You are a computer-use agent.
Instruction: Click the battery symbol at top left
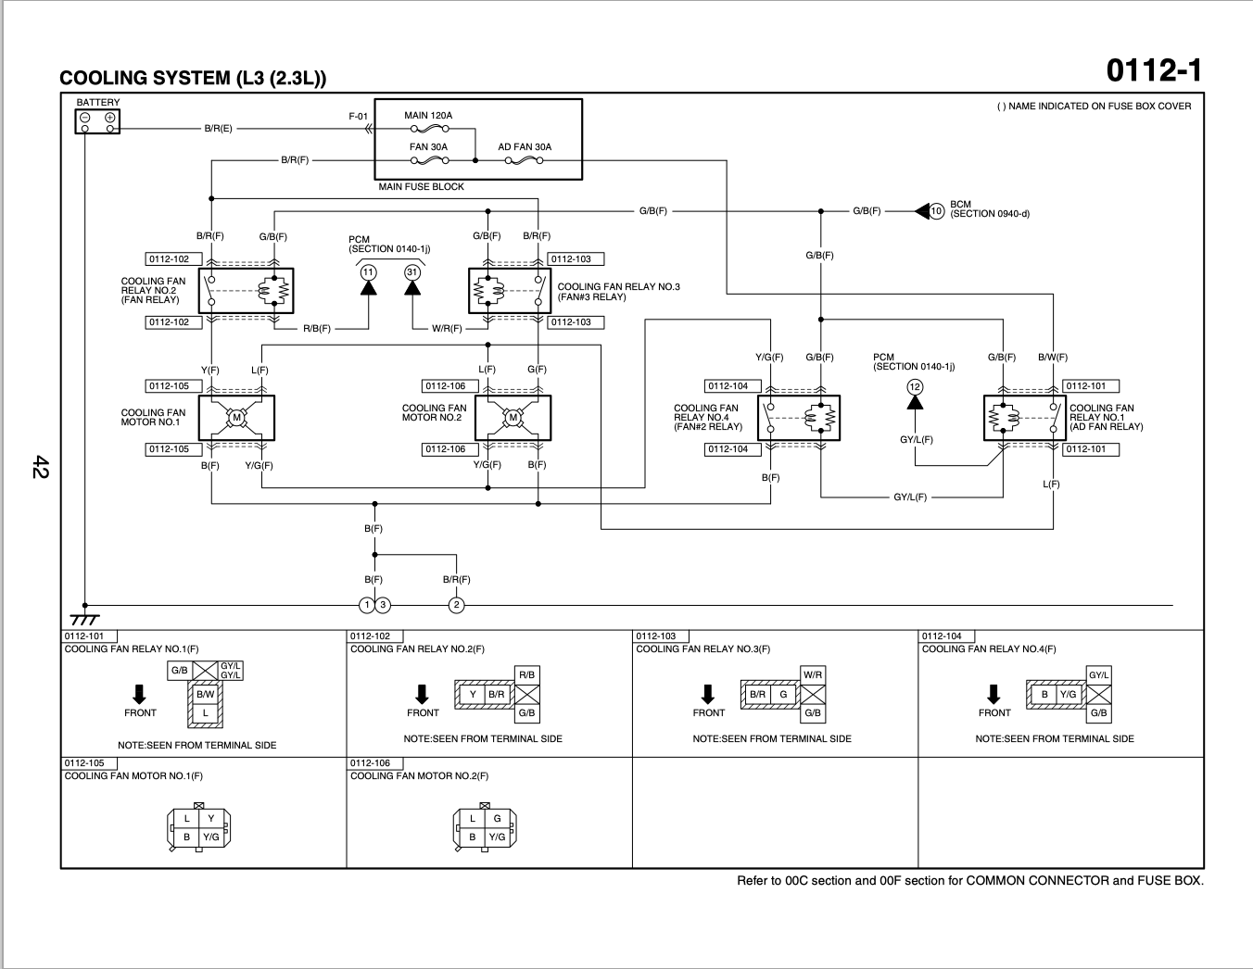tap(97, 121)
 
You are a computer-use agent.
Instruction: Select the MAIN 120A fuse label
tap(428, 115)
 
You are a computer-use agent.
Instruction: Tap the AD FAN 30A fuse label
tap(525, 147)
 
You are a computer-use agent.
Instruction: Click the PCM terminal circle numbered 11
tap(368, 272)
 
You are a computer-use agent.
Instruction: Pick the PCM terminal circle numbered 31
tap(412, 272)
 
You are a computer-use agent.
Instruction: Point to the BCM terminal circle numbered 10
tap(936, 211)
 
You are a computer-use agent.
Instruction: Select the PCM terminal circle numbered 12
tap(915, 387)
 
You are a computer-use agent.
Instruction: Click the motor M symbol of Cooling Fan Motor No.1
tap(236, 418)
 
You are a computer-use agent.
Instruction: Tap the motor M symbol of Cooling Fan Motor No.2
tap(513, 418)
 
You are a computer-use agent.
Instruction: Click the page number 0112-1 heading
tap(1154, 70)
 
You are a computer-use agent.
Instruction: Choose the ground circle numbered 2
tap(456, 605)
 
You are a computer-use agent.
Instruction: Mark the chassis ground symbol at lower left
tap(84, 618)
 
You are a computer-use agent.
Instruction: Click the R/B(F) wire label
tap(317, 328)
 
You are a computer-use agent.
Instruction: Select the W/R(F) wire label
tap(447, 328)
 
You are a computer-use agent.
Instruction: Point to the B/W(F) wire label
tap(1052, 358)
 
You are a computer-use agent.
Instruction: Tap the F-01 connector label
tap(358, 117)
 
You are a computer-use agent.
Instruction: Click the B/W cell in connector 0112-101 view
tap(205, 694)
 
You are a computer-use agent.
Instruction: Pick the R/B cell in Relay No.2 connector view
tap(526, 674)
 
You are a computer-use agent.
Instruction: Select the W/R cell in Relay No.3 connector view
tap(813, 674)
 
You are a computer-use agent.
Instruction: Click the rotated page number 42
tap(41, 467)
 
